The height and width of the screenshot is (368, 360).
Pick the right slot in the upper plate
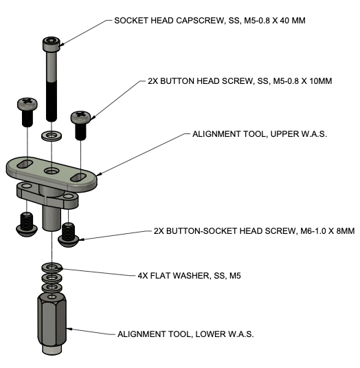(x=80, y=177)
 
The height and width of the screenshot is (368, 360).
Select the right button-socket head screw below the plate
(x=69, y=234)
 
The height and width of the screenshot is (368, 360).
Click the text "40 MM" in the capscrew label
(x=289, y=21)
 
